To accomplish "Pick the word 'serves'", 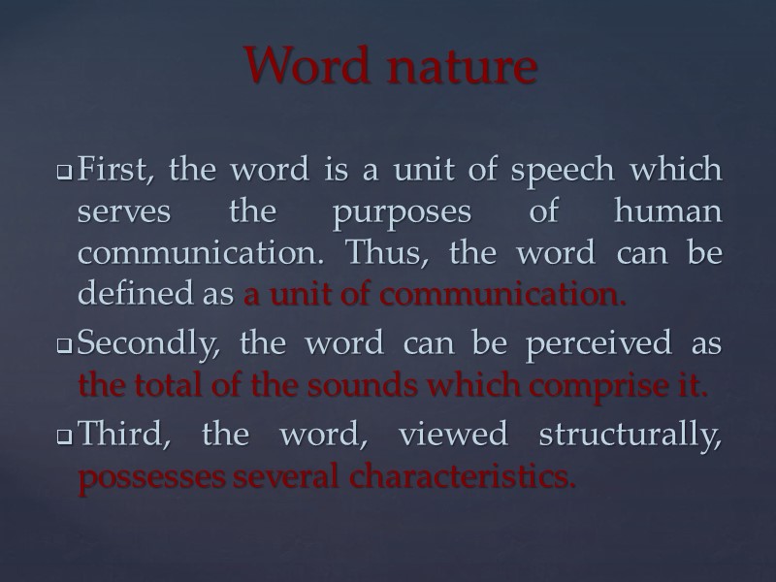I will (x=114, y=212).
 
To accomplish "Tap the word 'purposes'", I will (x=390, y=212).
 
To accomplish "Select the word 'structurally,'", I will (x=634, y=436).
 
